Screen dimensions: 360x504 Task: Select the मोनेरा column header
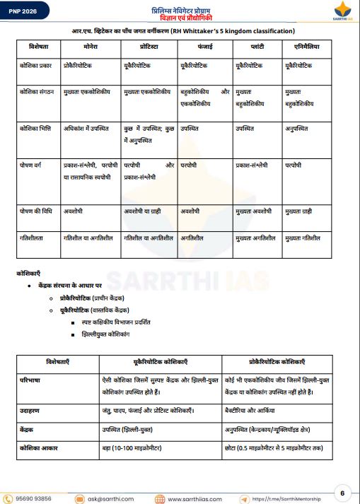[x=90, y=46]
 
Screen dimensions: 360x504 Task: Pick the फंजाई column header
[x=203, y=46]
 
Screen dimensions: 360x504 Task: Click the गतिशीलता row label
[x=33, y=238]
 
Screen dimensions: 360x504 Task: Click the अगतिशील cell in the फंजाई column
[x=193, y=238]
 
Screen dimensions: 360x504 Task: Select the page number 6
[x=342, y=493]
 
